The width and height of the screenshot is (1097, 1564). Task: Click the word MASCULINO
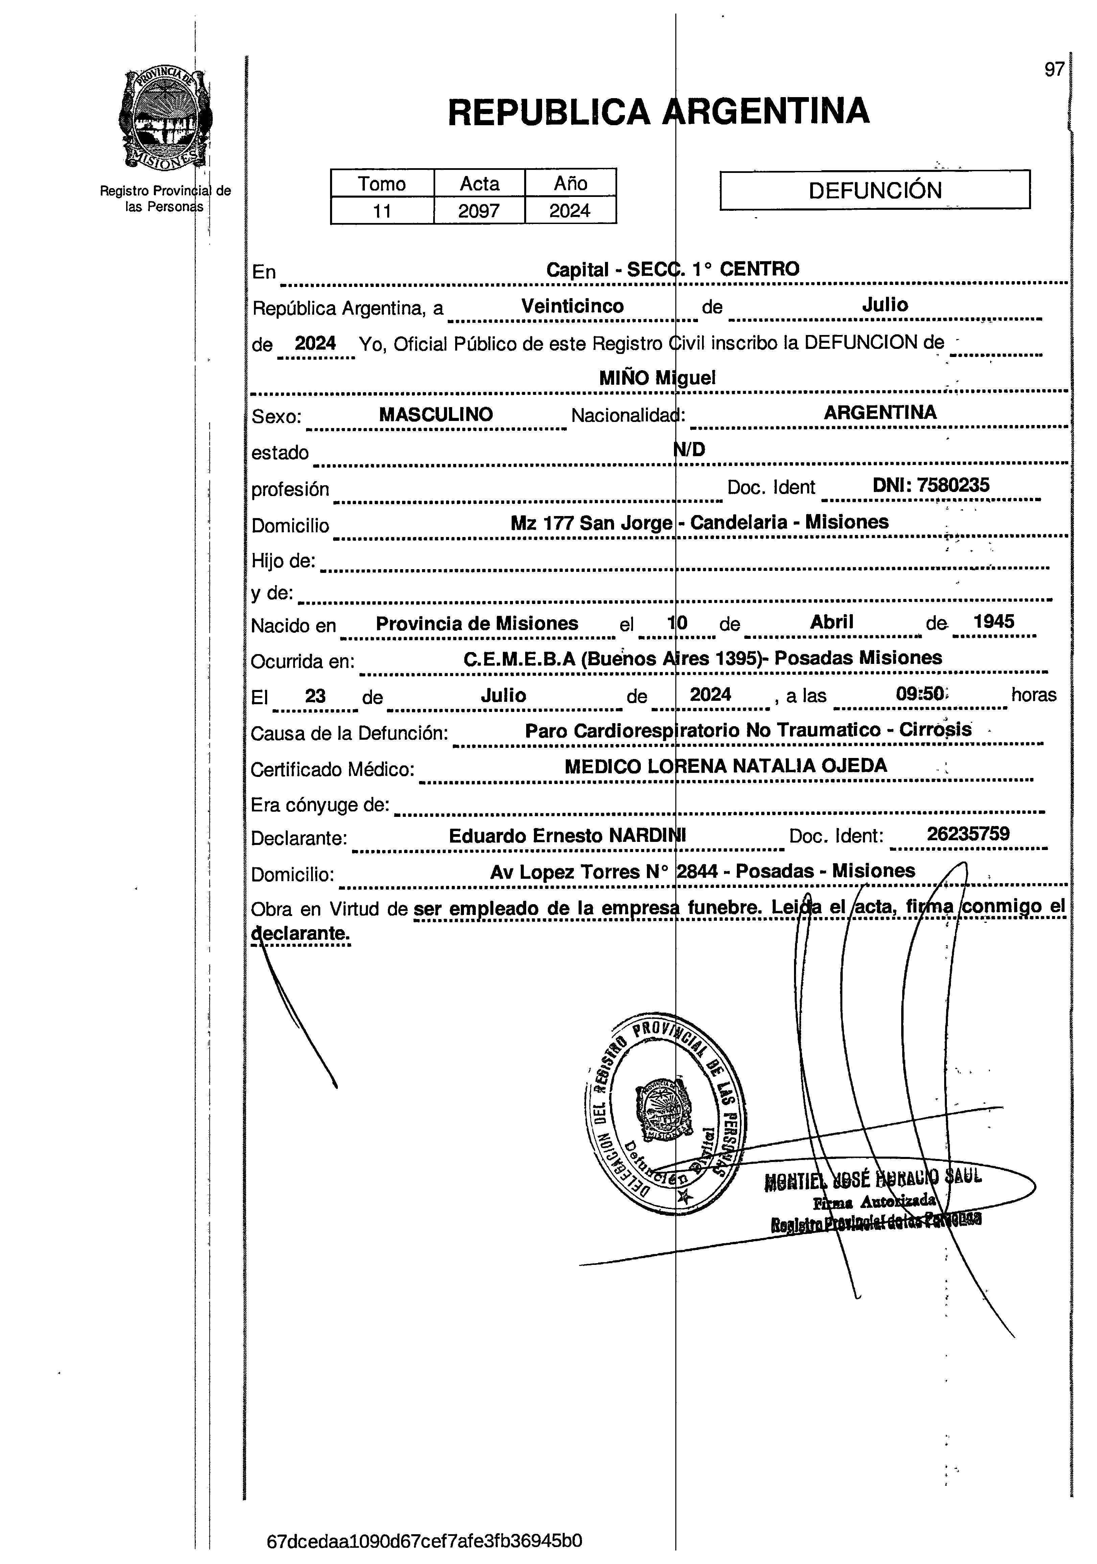point(436,414)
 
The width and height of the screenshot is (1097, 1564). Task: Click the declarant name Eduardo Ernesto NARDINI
point(567,836)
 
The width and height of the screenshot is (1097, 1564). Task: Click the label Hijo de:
point(283,561)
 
